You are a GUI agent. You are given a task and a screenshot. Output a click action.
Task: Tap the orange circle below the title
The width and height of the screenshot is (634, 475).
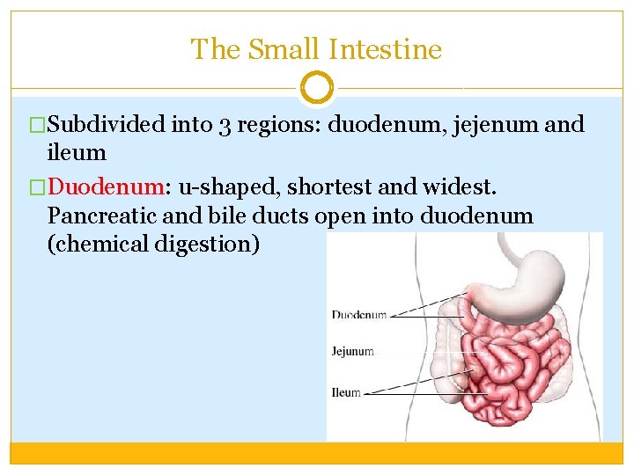point(317,88)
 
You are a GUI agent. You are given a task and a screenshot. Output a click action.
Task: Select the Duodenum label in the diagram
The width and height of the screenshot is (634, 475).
point(358,315)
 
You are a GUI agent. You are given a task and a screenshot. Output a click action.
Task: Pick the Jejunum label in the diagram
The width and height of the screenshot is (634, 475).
point(352,352)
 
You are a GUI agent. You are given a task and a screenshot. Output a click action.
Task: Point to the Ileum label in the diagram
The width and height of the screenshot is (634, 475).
point(346,392)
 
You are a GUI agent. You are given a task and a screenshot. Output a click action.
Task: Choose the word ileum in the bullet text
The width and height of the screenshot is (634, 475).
point(77,153)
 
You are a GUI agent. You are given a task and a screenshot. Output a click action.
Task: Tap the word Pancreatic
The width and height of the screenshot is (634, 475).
point(100,216)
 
